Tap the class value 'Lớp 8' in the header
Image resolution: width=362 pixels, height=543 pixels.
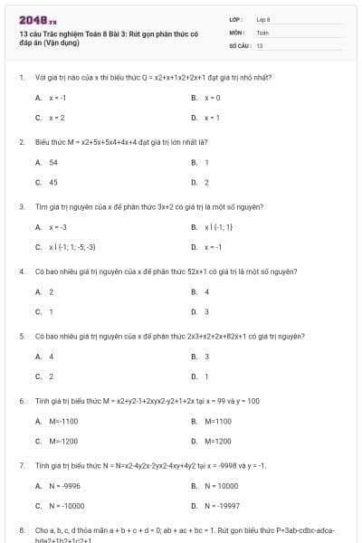(263, 18)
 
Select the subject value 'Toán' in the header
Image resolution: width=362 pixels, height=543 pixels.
(262, 32)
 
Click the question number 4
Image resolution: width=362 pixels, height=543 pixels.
(21, 271)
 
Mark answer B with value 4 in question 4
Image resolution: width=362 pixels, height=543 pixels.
(207, 291)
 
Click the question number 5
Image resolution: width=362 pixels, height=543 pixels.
(21, 336)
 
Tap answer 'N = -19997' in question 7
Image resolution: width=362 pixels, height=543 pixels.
(222, 505)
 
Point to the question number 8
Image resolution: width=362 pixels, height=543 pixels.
(21, 529)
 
